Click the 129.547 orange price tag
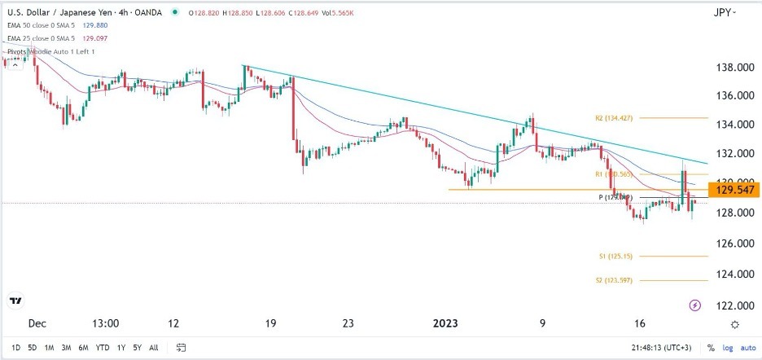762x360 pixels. (734, 190)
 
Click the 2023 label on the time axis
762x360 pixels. (447, 323)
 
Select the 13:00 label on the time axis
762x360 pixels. (106, 323)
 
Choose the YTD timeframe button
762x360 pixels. (103, 347)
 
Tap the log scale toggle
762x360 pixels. (727, 347)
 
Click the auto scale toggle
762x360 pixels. (747, 347)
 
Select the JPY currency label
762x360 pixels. (721, 13)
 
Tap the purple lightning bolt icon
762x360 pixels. (694, 305)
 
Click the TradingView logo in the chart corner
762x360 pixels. (15, 301)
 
